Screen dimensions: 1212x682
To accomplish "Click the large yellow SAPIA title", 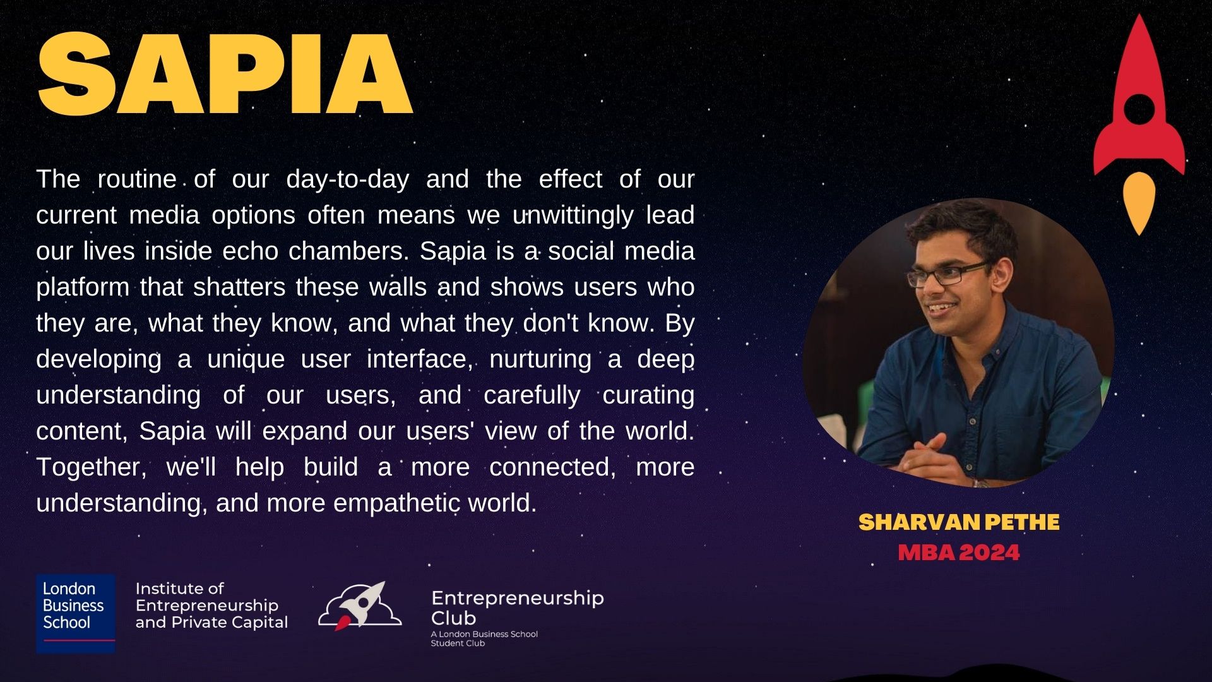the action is tap(225, 74).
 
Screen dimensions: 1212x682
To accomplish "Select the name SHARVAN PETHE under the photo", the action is tap(959, 522).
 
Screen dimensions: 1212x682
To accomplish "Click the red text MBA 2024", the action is tap(959, 553).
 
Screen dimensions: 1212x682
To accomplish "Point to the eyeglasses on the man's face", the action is tap(947, 273).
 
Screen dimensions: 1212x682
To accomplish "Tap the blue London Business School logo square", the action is tap(76, 613).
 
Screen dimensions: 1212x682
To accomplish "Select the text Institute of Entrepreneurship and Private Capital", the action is tap(211, 606).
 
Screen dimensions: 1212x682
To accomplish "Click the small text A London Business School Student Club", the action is tap(484, 638).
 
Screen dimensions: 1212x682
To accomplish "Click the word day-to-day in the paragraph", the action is tap(347, 180).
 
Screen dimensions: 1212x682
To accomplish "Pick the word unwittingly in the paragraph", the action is tap(573, 216).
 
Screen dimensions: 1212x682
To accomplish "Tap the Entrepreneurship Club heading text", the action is tap(518, 607).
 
